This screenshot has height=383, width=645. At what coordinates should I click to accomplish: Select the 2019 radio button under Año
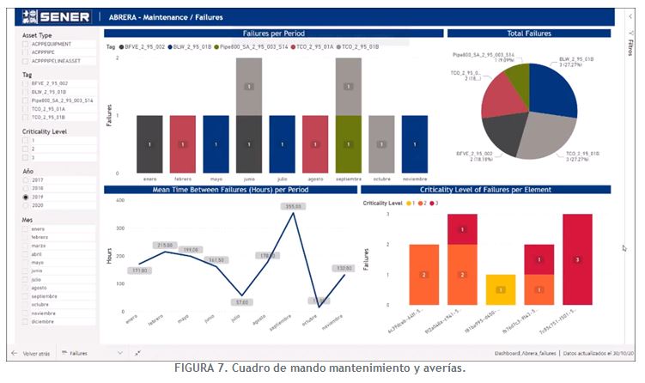click(26, 197)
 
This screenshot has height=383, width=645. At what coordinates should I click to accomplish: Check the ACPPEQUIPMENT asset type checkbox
click(26, 44)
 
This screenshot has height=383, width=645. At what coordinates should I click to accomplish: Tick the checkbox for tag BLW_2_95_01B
click(26, 92)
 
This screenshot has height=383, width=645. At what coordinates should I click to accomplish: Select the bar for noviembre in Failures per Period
click(414, 143)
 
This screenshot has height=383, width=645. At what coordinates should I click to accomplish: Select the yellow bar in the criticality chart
click(501, 289)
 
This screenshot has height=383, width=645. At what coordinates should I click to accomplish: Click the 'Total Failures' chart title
click(529, 33)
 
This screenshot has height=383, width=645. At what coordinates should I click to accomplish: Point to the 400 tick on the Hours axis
click(120, 200)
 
